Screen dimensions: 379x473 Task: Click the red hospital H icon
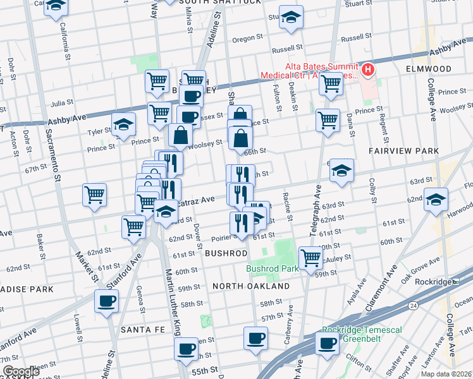[x=367, y=68]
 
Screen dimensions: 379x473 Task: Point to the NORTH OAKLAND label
[x=251, y=286]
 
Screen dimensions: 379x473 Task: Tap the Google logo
[x=21, y=371]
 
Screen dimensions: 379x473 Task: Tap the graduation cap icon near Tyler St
[x=123, y=124]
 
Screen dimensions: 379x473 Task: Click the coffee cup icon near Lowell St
[x=106, y=300]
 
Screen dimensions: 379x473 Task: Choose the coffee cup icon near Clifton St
[x=327, y=343]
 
